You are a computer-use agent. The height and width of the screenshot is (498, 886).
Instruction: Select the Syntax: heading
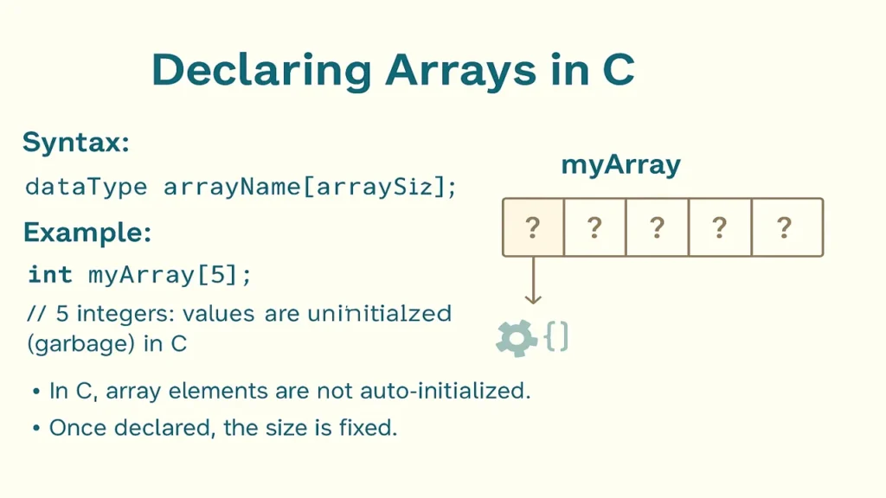(x=76, y=142)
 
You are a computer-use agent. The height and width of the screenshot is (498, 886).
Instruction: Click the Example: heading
(x=87, y=233)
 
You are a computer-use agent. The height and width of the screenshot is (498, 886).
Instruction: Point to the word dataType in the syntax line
(x=87, y=187)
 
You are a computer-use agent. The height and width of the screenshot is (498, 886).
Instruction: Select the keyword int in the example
(x=50, y=275)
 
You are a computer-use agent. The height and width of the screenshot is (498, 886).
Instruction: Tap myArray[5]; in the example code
(x=170, y=275)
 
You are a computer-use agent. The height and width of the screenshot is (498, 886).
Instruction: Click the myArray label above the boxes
(x=620, y=164)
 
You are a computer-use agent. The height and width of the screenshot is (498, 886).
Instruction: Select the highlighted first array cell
(x=533, y=227)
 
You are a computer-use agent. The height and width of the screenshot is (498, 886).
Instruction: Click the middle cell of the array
(x=658, y=227)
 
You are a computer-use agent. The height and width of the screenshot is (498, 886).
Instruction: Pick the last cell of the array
(x=786, y=227)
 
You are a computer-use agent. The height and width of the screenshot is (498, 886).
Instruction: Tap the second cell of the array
(x=594, y=227)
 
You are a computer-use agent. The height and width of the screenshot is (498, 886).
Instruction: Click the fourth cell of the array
(x=720, y=227)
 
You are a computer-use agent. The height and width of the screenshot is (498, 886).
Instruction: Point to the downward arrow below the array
(x=533, y=281)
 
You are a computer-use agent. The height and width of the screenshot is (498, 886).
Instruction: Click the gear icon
(x=517, y=338)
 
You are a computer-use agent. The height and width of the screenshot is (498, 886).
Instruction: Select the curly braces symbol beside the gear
(x=557, y=336)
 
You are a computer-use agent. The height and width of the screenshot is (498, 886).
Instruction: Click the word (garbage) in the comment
(x=80, y=343)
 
